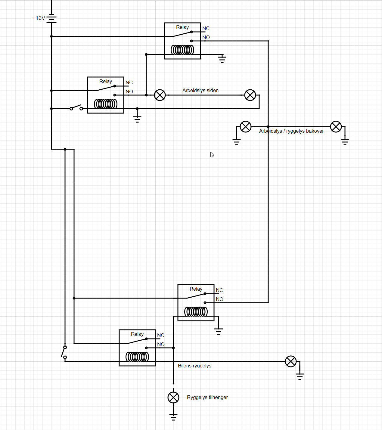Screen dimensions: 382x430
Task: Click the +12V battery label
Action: (39, 18)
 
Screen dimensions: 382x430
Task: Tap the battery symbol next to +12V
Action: (51, 18)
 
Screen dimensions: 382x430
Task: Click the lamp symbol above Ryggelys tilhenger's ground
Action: (173, 397)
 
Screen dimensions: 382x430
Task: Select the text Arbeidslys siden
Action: (200, 90)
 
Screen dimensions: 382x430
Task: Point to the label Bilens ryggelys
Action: (194, 366)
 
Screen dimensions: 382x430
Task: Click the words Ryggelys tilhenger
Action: (207, 397)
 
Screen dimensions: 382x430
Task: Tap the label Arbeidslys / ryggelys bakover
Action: (291, 131)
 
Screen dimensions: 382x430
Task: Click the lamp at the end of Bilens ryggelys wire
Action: (291, 361)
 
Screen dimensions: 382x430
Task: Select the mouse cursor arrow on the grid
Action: (212, 154)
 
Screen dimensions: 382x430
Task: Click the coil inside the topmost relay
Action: (182, 50)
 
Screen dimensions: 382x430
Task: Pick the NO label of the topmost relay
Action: (206, 37)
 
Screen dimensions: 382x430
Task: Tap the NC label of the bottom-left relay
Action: (161, 335)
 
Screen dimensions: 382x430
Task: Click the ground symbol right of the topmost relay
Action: (222, 59)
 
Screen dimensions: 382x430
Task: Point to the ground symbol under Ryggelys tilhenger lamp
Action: (173, 417)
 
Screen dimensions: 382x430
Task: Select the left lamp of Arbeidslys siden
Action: (160, 95)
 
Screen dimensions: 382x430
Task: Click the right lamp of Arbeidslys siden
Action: (250, 95)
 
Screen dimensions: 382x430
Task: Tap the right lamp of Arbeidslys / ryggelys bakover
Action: (336, 127)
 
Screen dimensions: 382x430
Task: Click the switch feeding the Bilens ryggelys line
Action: (64, 352)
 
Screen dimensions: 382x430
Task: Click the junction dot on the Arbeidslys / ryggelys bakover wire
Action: (268, 127)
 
